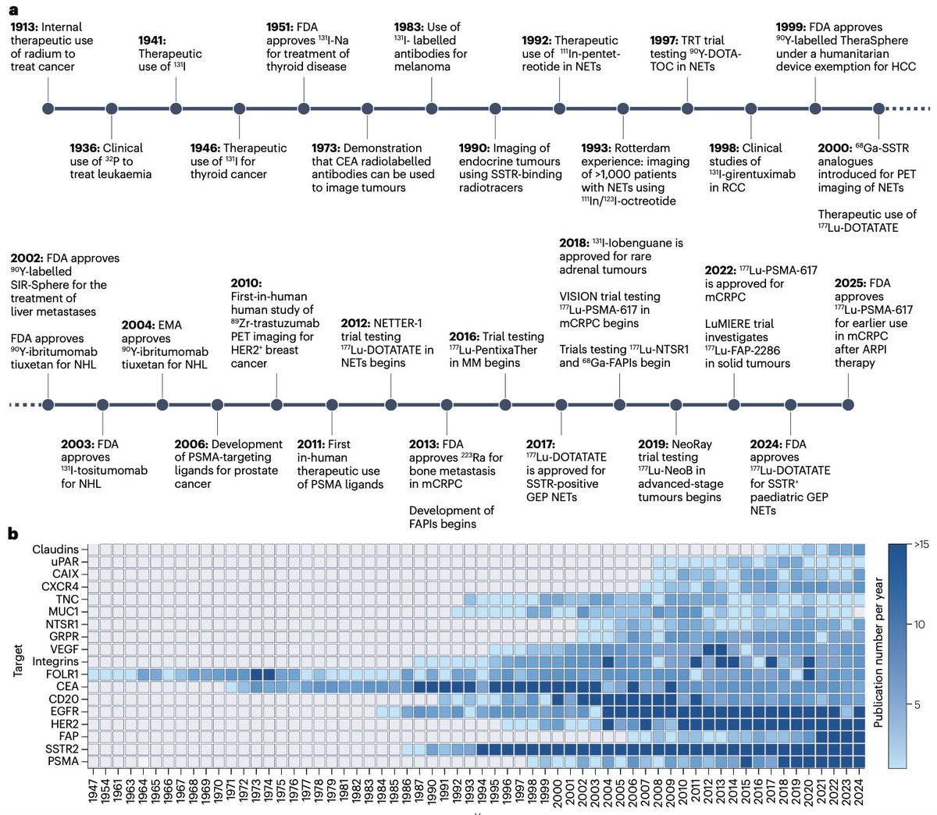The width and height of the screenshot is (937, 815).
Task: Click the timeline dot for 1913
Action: tap(48, 108)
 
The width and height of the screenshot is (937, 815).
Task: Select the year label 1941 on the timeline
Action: tap(152, 41)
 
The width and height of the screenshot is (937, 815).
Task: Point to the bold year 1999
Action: tap(791, 27)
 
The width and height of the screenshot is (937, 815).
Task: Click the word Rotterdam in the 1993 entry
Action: tap(643, 148)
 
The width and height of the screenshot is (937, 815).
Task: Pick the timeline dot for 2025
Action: tap(848, 404)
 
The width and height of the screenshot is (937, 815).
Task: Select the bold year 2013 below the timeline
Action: tap(424, 444)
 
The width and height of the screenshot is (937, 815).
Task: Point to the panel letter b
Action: tap(13, 534)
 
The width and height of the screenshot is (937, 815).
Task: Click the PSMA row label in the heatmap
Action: tap(63, 761)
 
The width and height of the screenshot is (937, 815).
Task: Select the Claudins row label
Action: tap(55, 550)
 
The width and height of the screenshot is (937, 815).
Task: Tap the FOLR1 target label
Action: tap(62, 674)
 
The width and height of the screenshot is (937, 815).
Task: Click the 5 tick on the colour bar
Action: tap(917, 705)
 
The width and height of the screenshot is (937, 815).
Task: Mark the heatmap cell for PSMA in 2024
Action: tap(860, 761)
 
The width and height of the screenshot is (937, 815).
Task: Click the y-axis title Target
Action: tap(19, 660)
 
